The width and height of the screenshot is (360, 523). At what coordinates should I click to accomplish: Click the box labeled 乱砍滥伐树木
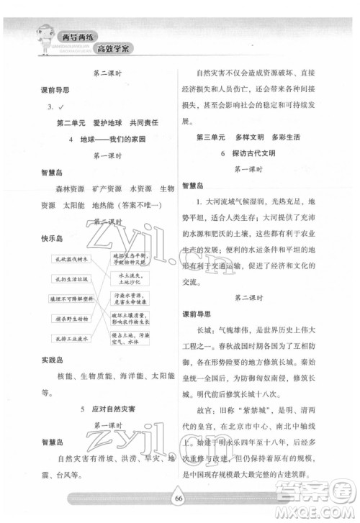pos(70,258)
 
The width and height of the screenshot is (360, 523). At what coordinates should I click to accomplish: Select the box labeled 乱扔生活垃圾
pos(70,278)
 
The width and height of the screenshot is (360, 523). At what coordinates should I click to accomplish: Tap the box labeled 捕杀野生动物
pos(70,319)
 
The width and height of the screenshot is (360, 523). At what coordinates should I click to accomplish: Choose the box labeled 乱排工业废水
pos(70,338)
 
